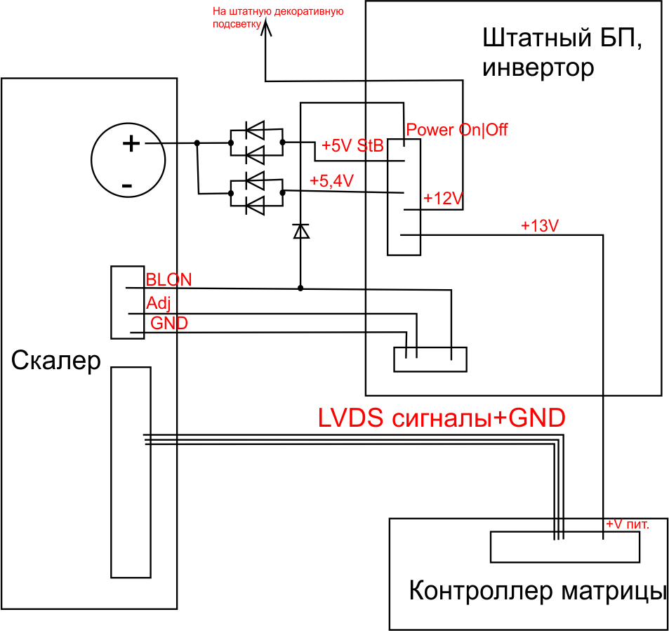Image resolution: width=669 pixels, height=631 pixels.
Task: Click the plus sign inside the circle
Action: tap(131, 144)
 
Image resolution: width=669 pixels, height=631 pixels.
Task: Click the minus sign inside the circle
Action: tap(127, 186)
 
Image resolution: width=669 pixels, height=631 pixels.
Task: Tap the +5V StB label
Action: tap(352, 146)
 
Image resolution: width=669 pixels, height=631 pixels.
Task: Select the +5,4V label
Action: tap(331, 180)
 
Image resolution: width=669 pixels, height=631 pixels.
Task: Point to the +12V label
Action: tap(443, 199)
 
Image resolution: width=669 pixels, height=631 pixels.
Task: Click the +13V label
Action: tap(539, 226)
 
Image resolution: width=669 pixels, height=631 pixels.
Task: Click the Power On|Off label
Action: tap(457, 130)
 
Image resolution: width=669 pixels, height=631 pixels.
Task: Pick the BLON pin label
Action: tap(168, 279)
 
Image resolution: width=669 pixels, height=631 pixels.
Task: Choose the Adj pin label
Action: tap(158, 304)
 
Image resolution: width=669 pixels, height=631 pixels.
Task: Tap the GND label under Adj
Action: tap(169, 323)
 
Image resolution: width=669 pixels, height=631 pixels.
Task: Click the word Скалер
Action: tap(56, 361)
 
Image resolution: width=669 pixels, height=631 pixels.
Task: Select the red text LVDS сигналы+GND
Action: tap(442, 418)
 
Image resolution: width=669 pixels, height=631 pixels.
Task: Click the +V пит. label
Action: tap(628, 524)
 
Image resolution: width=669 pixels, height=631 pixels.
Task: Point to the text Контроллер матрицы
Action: tap(537, 591)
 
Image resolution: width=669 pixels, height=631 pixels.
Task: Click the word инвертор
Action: tap(538, 68)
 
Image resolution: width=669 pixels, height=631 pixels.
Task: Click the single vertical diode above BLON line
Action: tap(301, 231)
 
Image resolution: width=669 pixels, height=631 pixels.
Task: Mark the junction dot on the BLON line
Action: tap(301, 288)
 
